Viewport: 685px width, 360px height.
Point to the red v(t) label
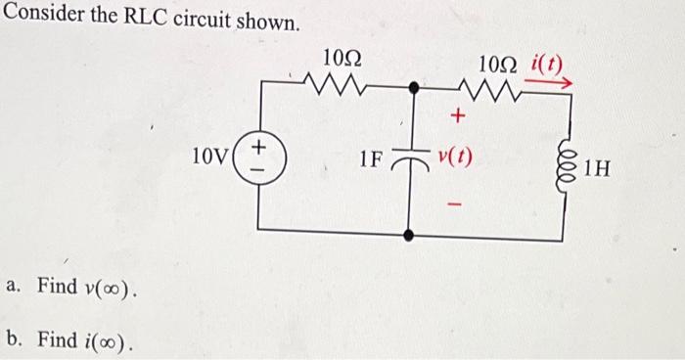click(455, 157)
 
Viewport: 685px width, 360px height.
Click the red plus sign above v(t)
click(454, 117)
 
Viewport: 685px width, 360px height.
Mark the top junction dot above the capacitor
click(413, 88)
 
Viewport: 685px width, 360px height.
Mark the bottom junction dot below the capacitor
click(412, 234)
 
